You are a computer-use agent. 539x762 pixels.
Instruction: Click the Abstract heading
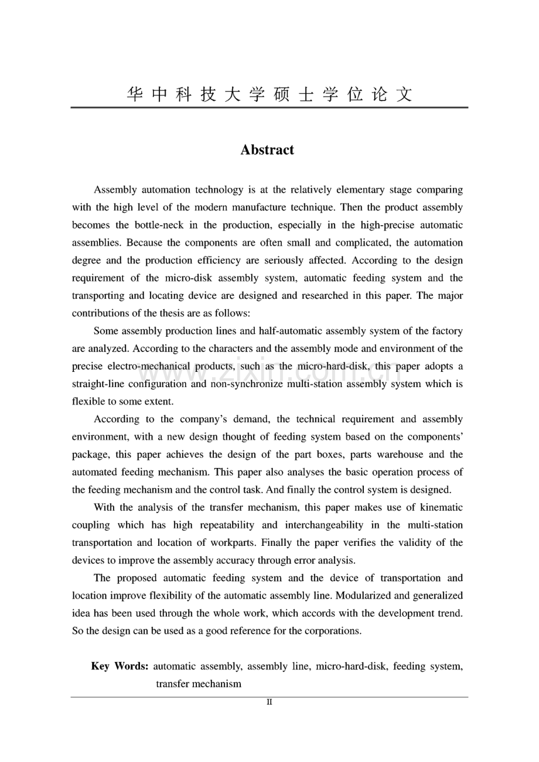point(267,150)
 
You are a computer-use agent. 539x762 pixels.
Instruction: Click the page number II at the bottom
point(269,702)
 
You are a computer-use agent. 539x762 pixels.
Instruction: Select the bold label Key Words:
point(120,667)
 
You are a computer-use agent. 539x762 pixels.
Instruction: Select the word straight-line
point(98,384)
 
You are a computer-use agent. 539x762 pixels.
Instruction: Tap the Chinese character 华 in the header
point(135,94)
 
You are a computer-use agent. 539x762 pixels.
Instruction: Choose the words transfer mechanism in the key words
point(198,684)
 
